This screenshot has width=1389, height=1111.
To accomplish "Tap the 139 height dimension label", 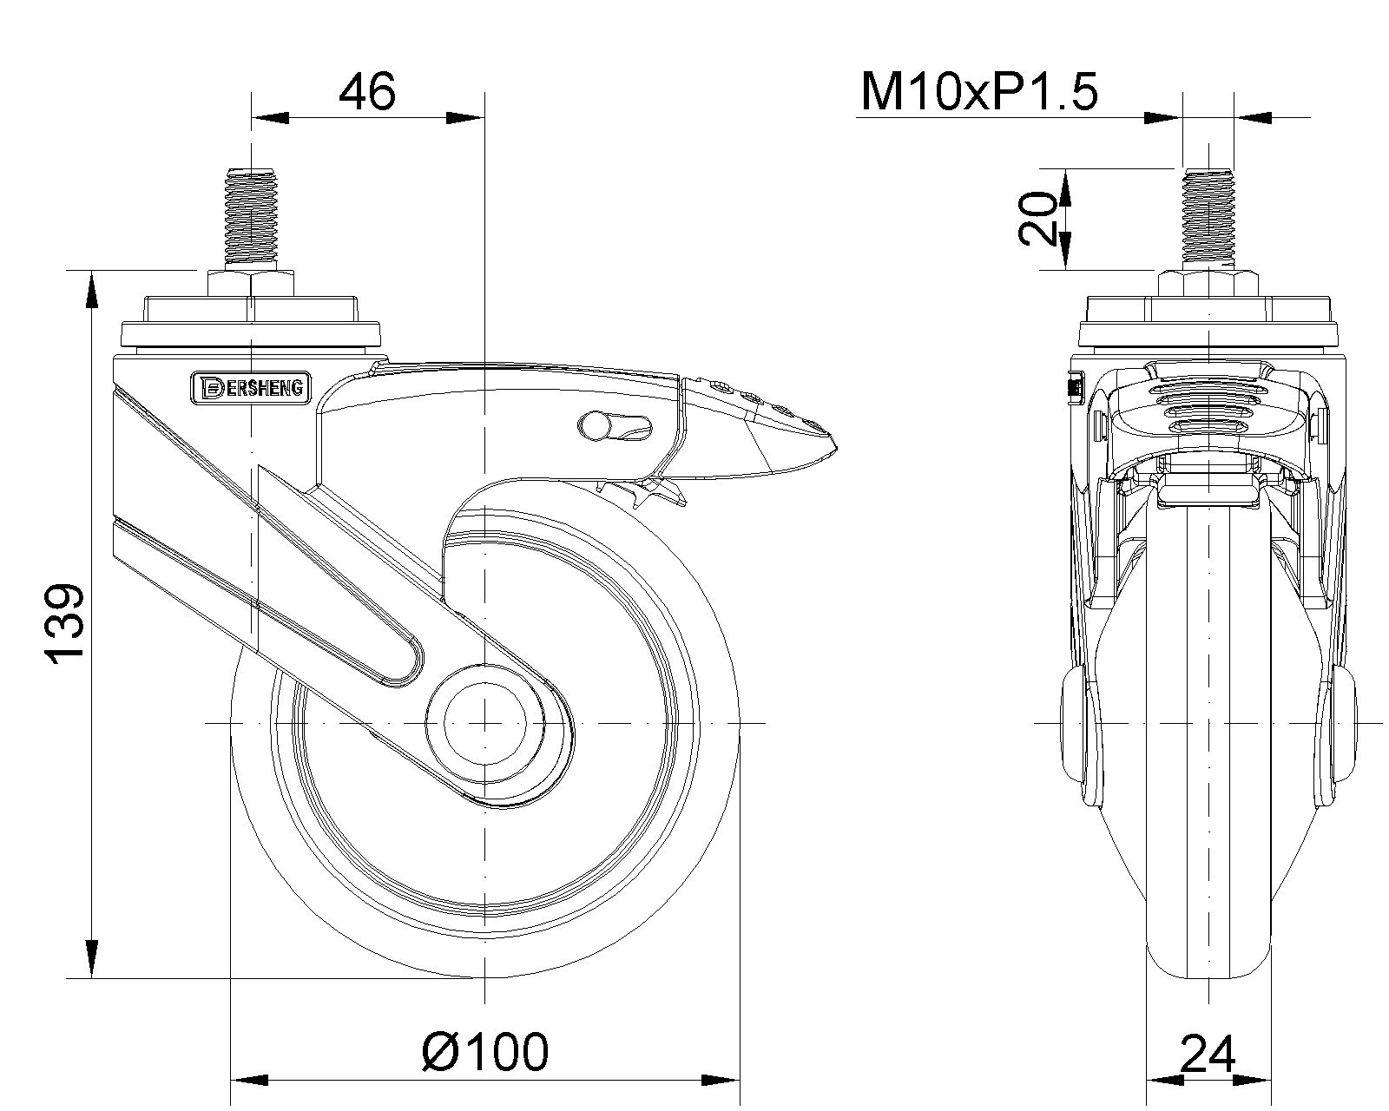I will point(66,624).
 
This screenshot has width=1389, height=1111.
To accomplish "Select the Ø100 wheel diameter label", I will point(485,1052).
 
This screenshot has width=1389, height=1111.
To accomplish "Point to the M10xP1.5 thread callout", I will point(979,92).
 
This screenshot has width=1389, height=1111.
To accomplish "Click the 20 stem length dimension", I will point(1038,219).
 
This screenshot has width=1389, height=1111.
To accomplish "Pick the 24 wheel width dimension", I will point(1208,1055).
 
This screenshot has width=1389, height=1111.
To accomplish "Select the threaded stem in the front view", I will point(1208,219).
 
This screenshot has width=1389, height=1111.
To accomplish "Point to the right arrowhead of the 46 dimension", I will point(464,118).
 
